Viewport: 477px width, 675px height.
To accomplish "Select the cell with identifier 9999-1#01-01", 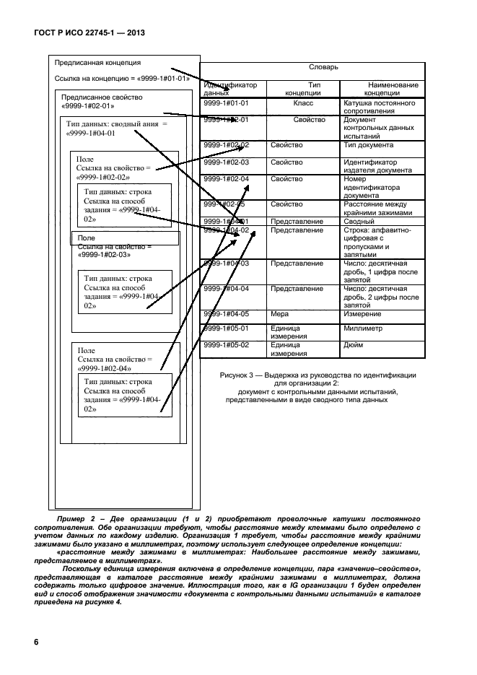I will pyautogui.click(x=227, y=103).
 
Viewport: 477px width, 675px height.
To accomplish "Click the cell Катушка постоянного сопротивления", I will pyautogui.click(x=378, y=108).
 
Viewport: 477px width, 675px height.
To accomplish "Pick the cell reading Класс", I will pyautogui.click(x=303, y=103).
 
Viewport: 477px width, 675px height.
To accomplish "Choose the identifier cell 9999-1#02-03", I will pyautogui.click(x=227, y=162).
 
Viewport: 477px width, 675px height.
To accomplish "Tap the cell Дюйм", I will pyautogui.click(x=354, y=345).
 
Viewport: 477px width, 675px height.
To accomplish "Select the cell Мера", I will pyautogui.click(x=280, y=314).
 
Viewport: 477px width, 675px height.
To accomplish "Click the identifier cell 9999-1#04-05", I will pyautogui.click(x=227, y=314).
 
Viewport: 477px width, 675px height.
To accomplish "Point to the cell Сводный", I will pyautogui.click(x=359, y=221).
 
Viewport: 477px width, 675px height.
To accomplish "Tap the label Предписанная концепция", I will pyautogui.click(x=97, y=63).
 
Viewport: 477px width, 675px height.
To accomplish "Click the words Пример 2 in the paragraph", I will pyautogui.click(x=72, y=520).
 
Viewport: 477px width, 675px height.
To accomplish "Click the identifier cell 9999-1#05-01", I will pyautogui.click(x=227, y=328).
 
